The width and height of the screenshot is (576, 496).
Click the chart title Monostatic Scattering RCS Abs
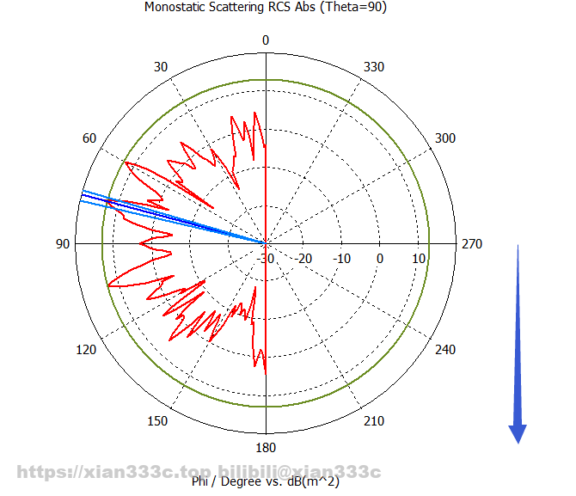[270, 8]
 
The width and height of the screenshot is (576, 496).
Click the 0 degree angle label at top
[266, 40]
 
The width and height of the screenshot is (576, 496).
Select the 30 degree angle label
[159, 67]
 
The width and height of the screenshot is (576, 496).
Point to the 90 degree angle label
[63, 244]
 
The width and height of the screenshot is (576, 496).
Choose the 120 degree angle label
[88, 350]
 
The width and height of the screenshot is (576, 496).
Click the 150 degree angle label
[158, 421]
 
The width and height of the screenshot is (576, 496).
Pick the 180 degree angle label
[266, 449]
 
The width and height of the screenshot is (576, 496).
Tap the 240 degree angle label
[446, 350]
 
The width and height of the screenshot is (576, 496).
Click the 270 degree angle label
[472, 244]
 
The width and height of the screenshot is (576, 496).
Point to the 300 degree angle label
[445, 139]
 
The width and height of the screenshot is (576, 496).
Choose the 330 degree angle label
[375, 67]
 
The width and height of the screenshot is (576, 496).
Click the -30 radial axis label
[266, 259]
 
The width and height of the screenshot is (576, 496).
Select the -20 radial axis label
[304, 259]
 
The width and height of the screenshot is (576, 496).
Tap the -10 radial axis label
[342, 259]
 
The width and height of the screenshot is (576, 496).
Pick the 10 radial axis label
[420, 259]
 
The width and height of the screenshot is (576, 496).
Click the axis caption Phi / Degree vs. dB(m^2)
[267, 482]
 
